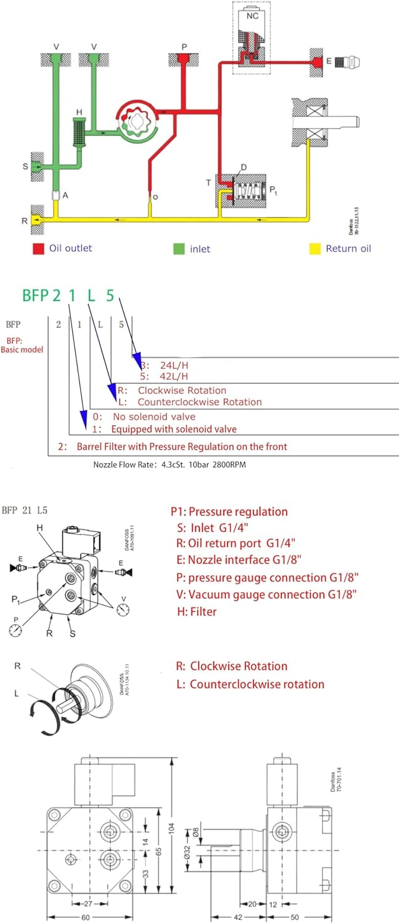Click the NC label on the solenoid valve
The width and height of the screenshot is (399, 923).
[252, 17]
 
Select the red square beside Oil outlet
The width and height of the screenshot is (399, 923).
[39, 249]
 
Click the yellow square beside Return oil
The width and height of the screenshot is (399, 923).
[313, 249]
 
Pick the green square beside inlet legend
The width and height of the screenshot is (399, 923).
[178, 249]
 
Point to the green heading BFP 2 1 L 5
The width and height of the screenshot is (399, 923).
[68, 295]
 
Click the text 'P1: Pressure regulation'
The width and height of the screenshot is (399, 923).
[229, 512]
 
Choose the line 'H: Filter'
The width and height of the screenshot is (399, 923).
[196, 612]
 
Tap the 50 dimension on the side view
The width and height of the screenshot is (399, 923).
[294, 916]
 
